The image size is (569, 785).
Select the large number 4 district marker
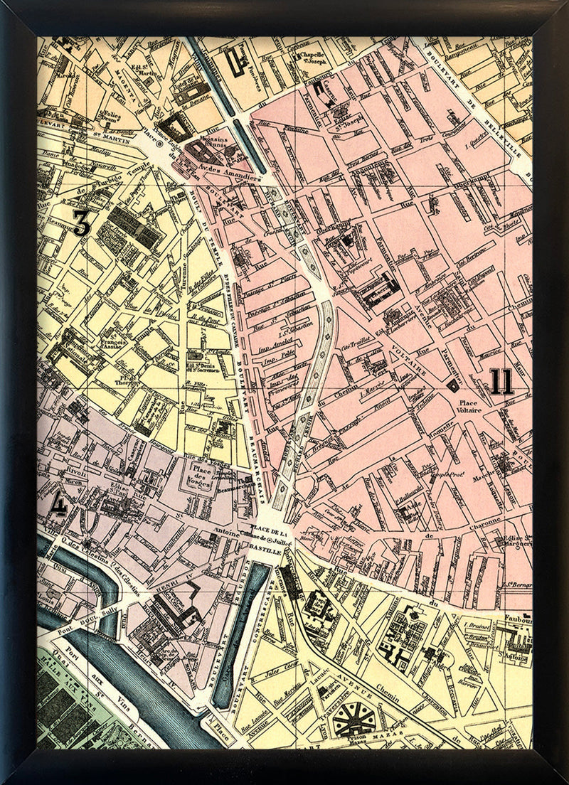coord(60,504)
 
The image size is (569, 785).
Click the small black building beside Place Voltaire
coord(453,385)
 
